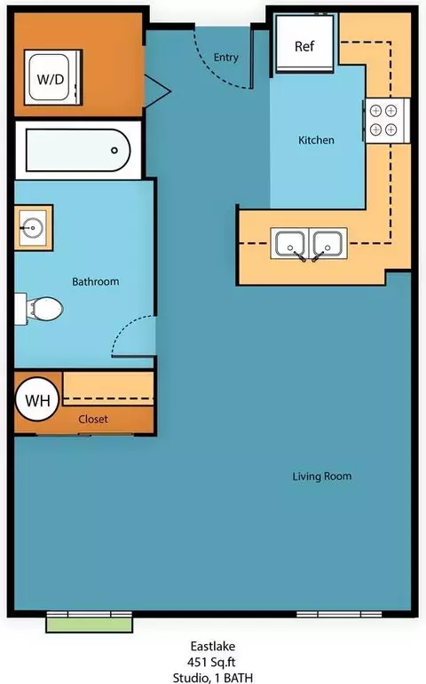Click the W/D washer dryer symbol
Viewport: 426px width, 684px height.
click(x=53, y=77)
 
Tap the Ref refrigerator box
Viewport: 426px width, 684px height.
click(x=304, y=43)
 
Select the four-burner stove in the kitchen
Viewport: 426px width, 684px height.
click(x=387, y=121)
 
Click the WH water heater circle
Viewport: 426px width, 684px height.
click(x=37, y=399)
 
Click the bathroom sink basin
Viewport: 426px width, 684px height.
click(x=33, y=228)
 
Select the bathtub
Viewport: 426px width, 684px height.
click(x=78, y=150)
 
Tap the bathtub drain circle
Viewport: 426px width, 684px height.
click(x=114, y=151)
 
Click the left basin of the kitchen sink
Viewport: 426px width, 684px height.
click(x=290, y=243)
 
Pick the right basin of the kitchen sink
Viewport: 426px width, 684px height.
click(x=328, y=243)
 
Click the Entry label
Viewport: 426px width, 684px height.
click(x=226, y=57)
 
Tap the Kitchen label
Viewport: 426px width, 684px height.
click(x=317, y=140)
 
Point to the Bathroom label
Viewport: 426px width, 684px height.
click(x=96, y=281)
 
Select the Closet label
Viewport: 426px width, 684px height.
click(x=93, y=419)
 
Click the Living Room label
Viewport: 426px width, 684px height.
click(x=322, y=476)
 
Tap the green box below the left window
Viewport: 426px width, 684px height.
click(x=90, y=625)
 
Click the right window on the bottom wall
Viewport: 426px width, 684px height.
click(x=339, y=614)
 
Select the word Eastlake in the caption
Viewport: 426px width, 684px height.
click(x=213, y=646)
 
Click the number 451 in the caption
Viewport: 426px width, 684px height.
click(x=197, y=662)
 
